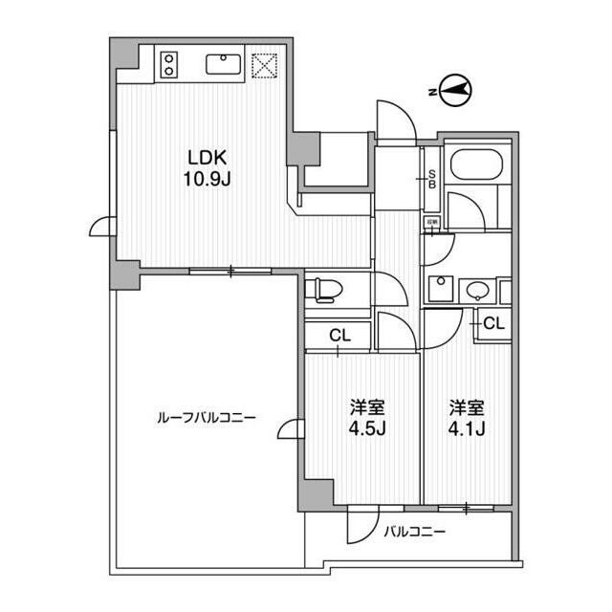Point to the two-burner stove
(170, 64)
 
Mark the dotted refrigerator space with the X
(264, 64)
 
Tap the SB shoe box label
(432, 179)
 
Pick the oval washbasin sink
(477, 290)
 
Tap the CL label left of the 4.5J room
(339, 335)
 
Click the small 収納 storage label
(432, 222)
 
